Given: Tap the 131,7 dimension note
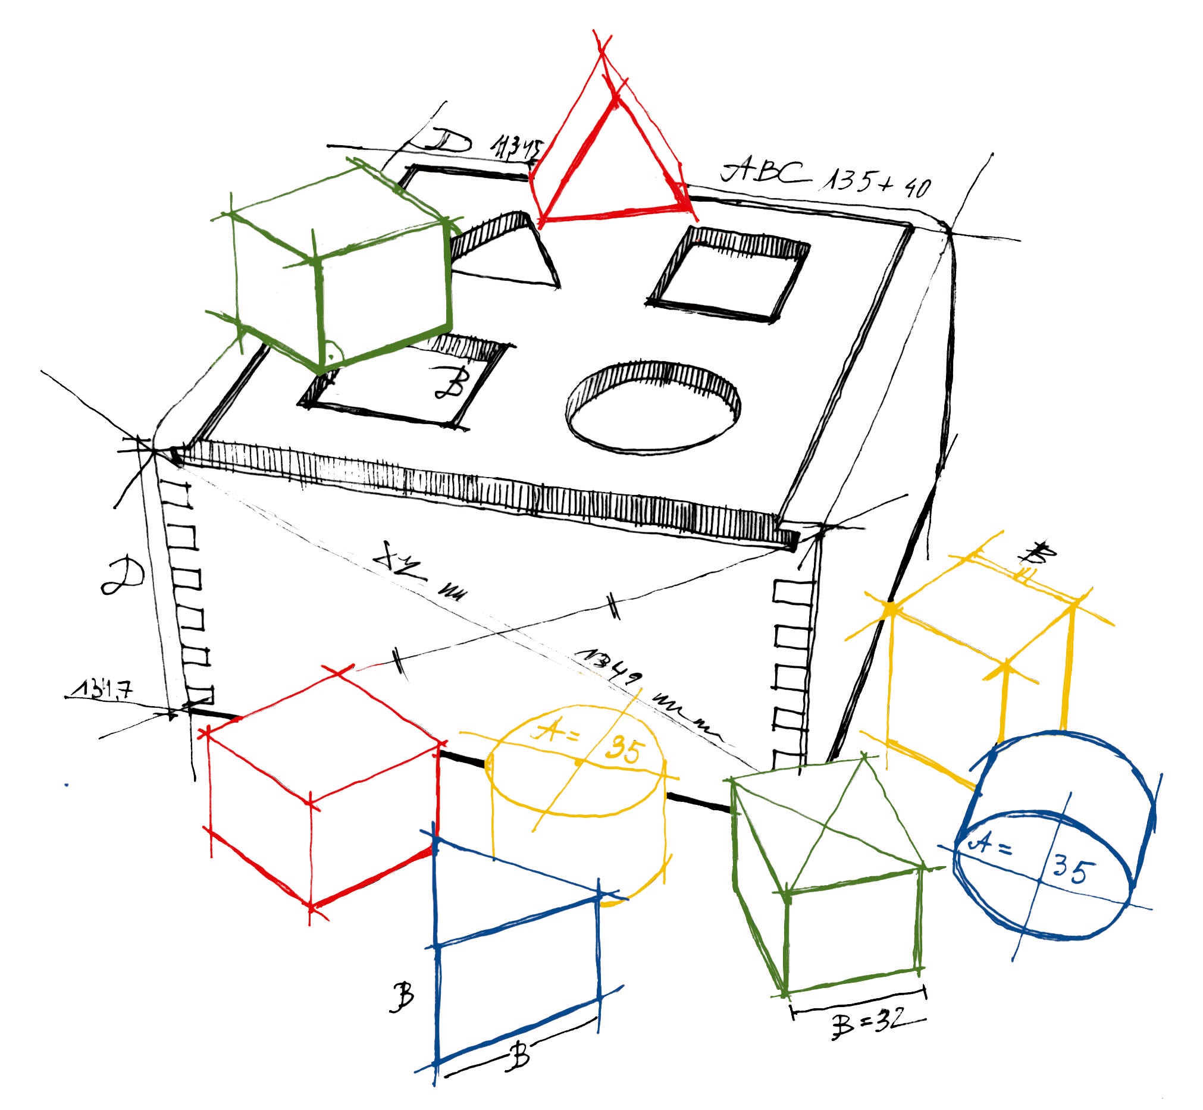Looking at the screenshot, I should pos(99,689).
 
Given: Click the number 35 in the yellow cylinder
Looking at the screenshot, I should pos(625,751).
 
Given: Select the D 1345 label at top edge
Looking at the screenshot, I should pos(481,144).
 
